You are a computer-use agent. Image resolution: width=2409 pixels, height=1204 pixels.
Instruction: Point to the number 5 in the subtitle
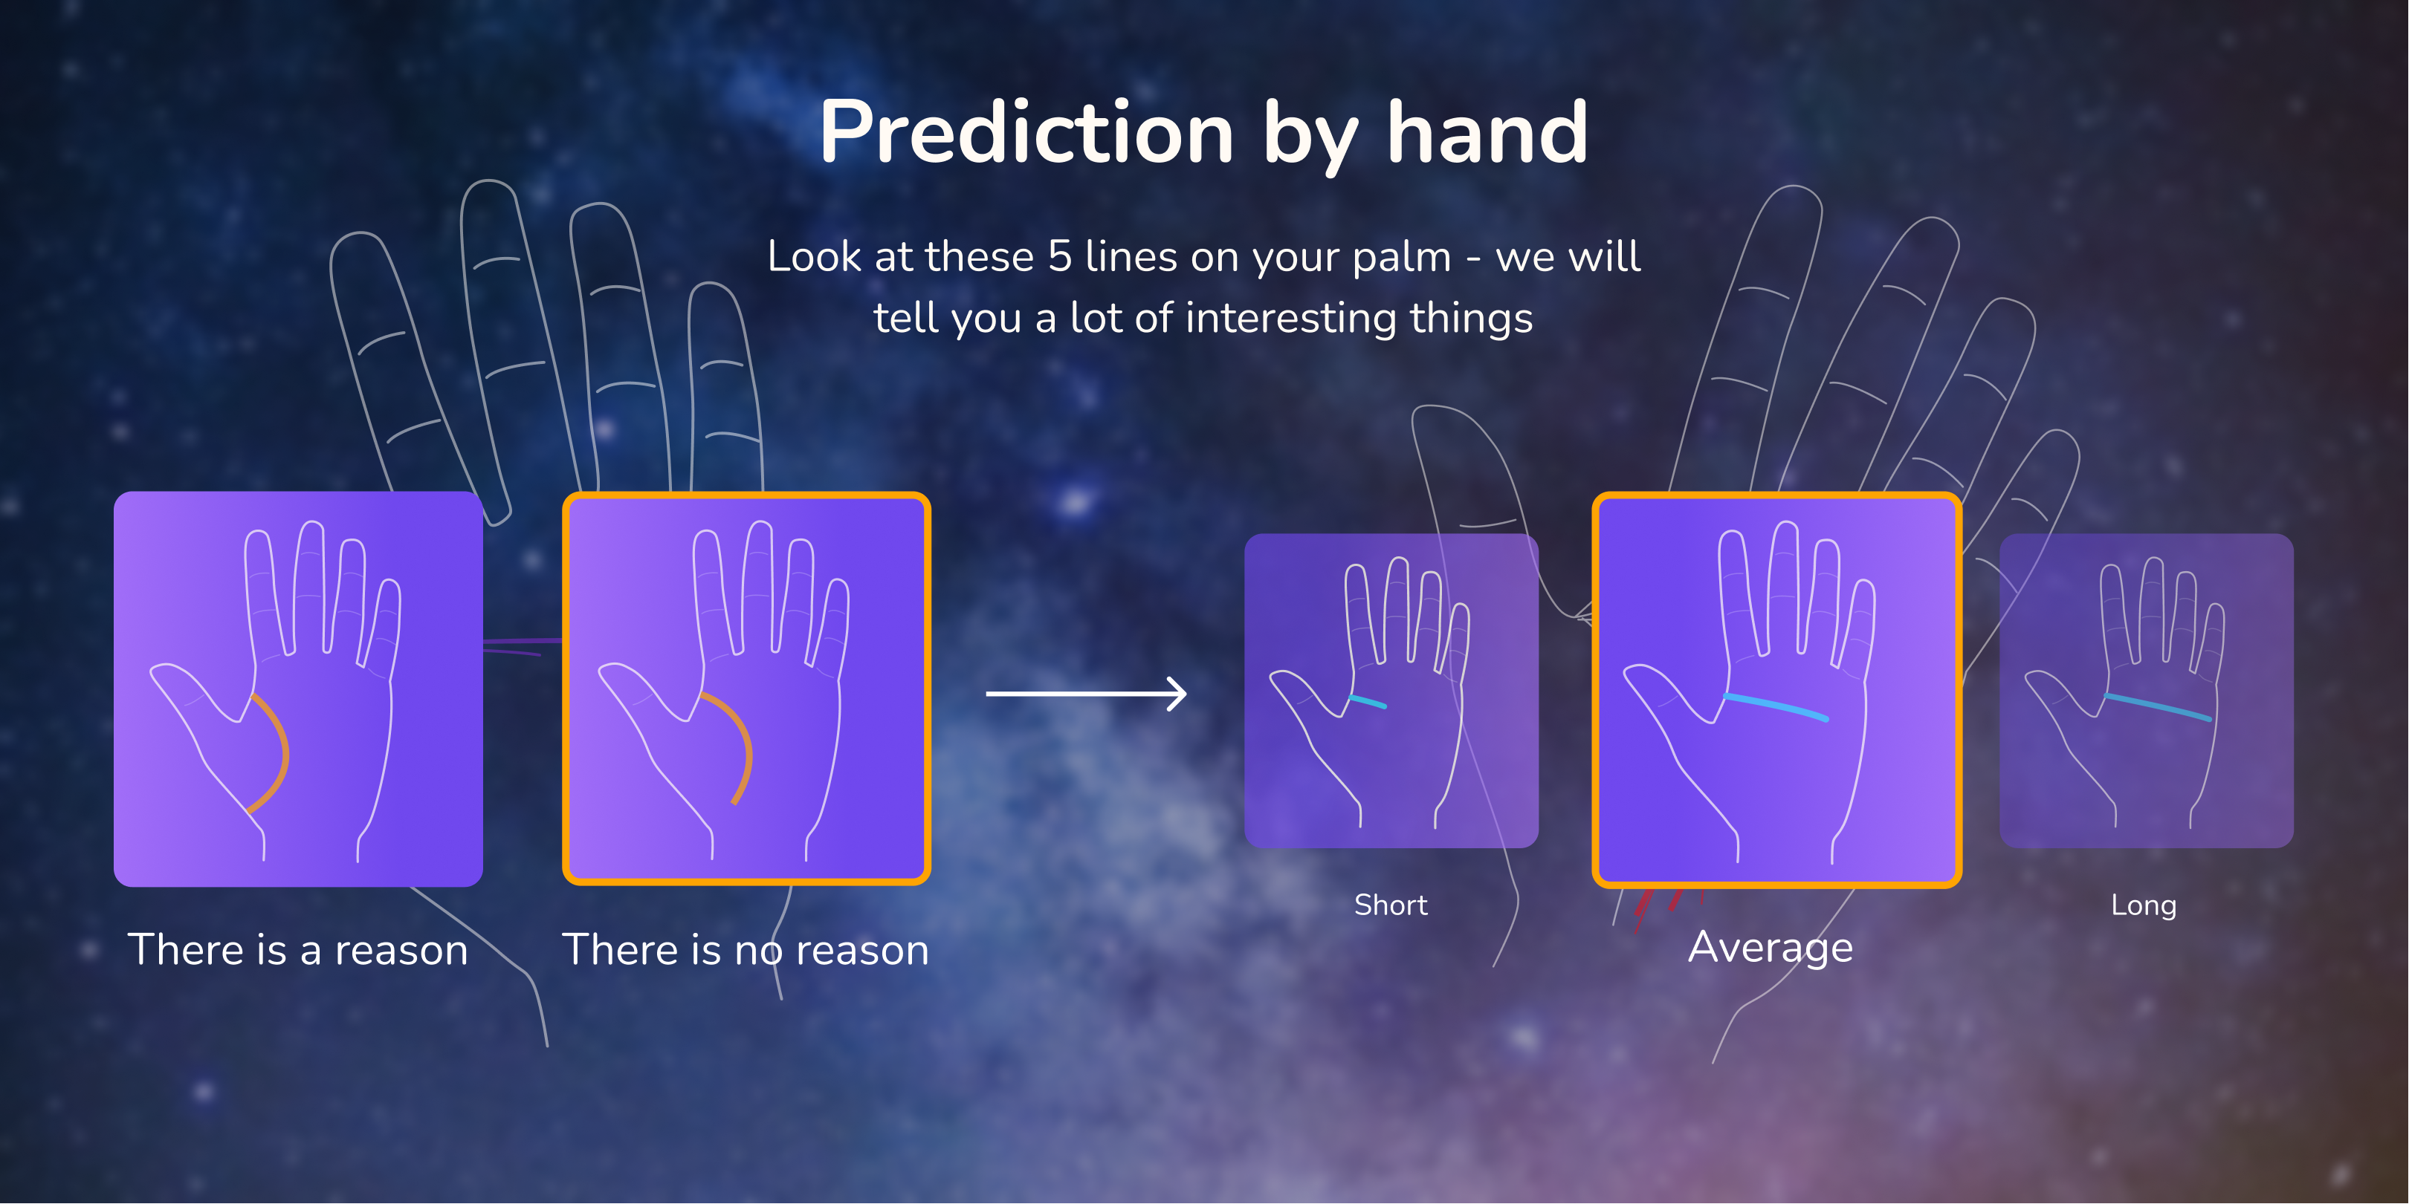click(x=1059, y=257)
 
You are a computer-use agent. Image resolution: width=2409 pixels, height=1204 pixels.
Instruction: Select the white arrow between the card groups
click(x=1087, y=694)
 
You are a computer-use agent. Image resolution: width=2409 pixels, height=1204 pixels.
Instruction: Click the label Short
click(x=1391, y=905)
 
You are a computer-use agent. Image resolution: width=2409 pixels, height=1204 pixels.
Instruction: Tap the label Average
click(x=1771, y=948)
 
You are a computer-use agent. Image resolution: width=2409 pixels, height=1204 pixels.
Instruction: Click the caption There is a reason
click(x=297, y=950)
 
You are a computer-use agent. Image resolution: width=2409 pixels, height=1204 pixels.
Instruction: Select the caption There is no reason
click(x=746, y=950)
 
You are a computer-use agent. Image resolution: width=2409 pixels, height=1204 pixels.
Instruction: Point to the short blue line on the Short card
click(x=1367, y=701)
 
